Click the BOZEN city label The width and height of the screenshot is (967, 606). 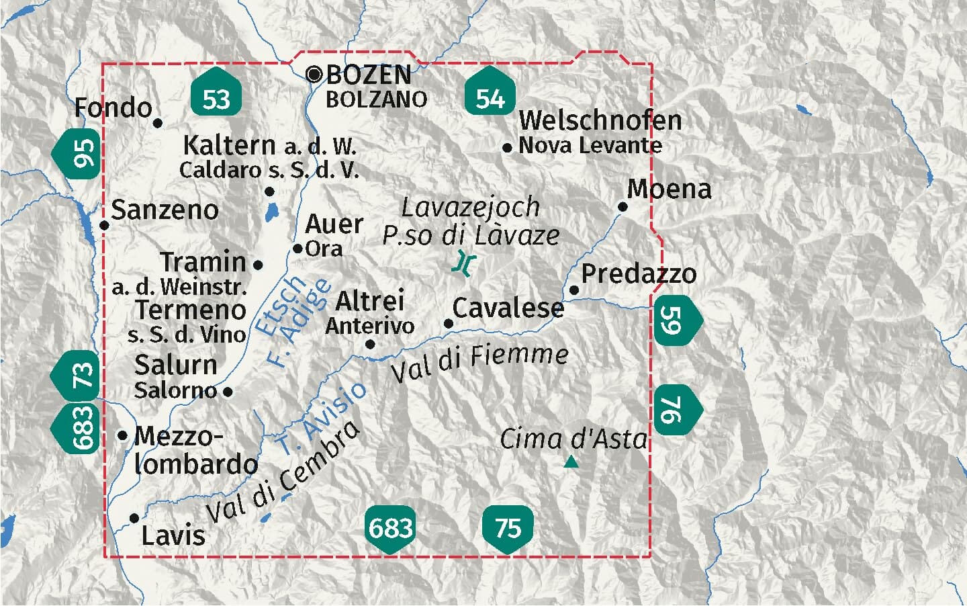pyautogui.click(x=369, y=75)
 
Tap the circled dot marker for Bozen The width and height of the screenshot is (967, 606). pyautogui.click(x=314, y=74)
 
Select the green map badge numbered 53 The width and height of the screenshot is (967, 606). pyautogui.click(x=215, y=98)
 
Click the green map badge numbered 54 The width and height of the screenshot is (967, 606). pyautogui.click(x=490, y=98)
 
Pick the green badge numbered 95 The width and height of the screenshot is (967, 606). pyautogui.click(x=79, y=152)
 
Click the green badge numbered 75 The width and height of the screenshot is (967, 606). pyautogui.click(x=508, y=528)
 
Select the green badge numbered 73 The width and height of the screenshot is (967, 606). pyautogui.click(x=78, y=375)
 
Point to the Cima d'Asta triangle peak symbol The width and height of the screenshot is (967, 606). pyautogui.click(x=571, y=462)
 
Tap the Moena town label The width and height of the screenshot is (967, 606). pyautogui.click(x=669, y=189)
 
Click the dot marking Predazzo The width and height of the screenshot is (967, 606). pyautogui.click(x=574, y=290)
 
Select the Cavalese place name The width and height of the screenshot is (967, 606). pyautogui.click(x=508, y=308)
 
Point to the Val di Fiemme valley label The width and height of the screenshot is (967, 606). pyautogui.click(x=479, y=363)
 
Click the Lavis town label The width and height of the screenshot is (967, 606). pyautogui.click(x=173, y=535)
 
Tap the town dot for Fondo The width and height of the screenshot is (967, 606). pyautogui.click(x=158, y=123)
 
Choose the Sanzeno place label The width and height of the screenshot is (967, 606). pyautogui.click(x=165, y=210)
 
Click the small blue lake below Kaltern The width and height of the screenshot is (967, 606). pyautogui.click(x=271, y=214)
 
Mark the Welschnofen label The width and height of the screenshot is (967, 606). pyautogui.click(x=600, y=121)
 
